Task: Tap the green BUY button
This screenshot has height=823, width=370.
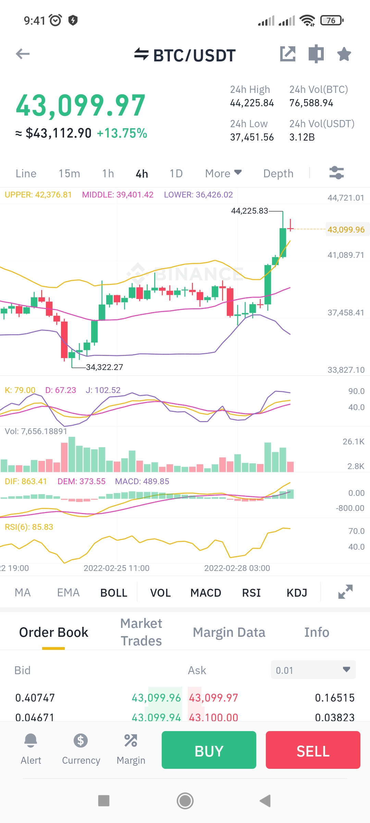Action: click(209, 750)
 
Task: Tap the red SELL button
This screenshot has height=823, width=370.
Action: click(313, 750)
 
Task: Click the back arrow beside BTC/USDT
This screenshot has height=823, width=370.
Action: click(23, 54)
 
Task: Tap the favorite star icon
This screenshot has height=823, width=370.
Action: click(344, 54)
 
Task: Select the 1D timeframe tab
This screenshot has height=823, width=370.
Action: click(176, 174)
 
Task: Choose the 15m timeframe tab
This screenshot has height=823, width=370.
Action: click(69, 174)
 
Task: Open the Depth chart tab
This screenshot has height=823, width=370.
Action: click(278, 174)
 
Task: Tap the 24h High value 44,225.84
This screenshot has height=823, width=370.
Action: click(252, 103)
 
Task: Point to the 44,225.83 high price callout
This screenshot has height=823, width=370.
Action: click(249, 211)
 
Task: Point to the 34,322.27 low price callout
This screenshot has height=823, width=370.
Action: click(104, 367)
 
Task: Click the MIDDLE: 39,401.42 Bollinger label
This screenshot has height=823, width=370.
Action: click(118, 195)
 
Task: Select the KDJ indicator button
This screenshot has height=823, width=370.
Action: click(297, 593)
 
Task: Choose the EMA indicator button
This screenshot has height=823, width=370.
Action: click(68, 593)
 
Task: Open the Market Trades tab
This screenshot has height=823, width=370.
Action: click(141, 632)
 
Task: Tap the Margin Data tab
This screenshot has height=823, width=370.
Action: click(229, 632)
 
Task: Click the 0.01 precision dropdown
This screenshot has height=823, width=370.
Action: click(313, 670)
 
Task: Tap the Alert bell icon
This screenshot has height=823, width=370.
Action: click(31, 741)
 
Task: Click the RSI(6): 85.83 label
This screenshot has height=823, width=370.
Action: click(29, 527)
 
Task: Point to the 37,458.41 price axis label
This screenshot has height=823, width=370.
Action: click(346, 313)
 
